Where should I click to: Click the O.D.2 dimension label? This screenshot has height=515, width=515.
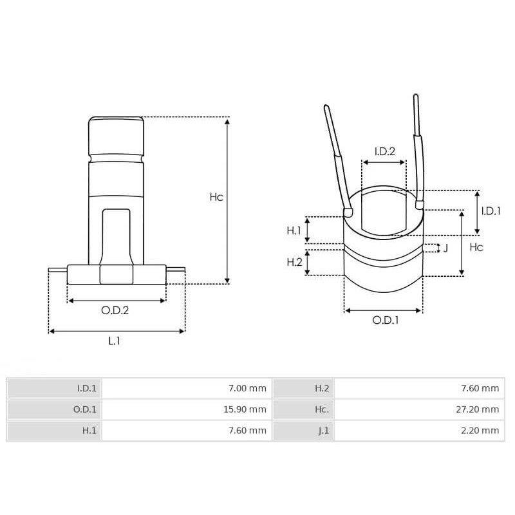pos(115,310)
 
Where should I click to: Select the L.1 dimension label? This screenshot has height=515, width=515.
pos(114,341)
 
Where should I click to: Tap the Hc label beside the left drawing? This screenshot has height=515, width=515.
pos(216,198)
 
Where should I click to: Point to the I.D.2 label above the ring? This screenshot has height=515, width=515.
pos(384,151)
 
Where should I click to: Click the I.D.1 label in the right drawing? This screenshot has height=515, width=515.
pos(491,211)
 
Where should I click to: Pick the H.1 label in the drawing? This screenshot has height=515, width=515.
pos(294,230)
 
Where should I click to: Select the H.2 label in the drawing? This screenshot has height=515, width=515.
pos(294,262)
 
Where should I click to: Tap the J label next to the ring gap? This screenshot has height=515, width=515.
pos(445,248)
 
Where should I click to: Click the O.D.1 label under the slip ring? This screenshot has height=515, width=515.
pos(385,320)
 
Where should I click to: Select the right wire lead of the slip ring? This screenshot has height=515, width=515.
pos(419,148)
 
